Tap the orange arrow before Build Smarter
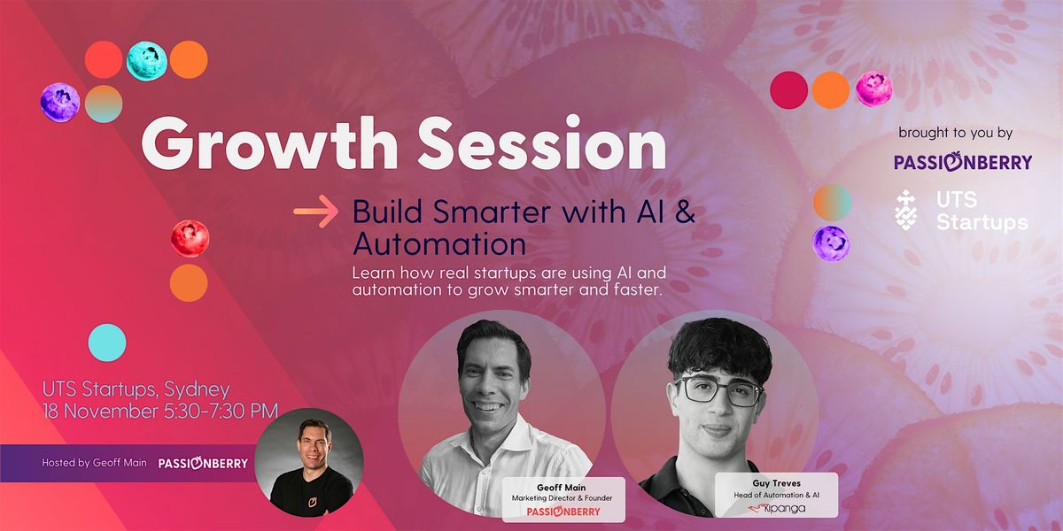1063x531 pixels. coord(316,212)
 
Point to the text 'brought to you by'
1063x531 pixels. coord(955,134)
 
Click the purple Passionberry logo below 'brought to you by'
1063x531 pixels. coord(962,162)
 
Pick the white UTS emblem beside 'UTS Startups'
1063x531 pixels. coord(906,210)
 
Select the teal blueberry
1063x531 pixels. coord(146,60)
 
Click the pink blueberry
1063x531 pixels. coord(873,88)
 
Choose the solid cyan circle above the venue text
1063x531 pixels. coord(107,342)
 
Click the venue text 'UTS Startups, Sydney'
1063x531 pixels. coord(136,389)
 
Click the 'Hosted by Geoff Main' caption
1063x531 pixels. coord(94,463)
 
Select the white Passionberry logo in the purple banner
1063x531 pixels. coord(203,463)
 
